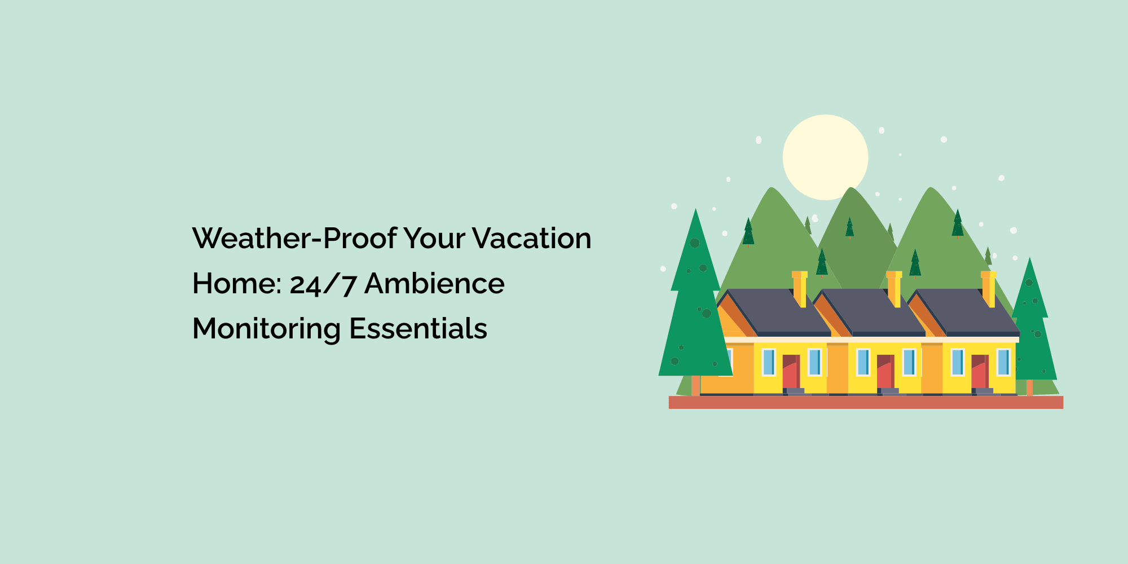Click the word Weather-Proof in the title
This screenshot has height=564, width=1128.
coord(294,238)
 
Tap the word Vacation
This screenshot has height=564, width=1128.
coord(531,238)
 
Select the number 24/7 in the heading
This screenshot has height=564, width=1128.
coord(323,284)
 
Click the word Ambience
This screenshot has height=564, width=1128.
coord(434,283)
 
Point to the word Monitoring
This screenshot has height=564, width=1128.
coord(267,329)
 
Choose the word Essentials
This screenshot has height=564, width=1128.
coord(418,328)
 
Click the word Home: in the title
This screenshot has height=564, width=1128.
coord(237,283)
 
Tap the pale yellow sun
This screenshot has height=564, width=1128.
coord(825,157)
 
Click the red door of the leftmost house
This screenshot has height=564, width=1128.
coord(791,371)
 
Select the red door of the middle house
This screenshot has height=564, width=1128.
coord(885,371)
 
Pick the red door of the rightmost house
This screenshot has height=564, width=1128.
coord(980,371)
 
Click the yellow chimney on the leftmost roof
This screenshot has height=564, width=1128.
coord(800,289)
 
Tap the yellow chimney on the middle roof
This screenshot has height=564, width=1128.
coord(894,289)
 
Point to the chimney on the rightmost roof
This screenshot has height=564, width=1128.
coord(988,289)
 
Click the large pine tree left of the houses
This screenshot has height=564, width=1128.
coord(695,299)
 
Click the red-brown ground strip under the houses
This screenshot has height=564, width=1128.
coord(866,402)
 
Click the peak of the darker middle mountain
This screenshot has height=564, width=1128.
coord(851,188)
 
